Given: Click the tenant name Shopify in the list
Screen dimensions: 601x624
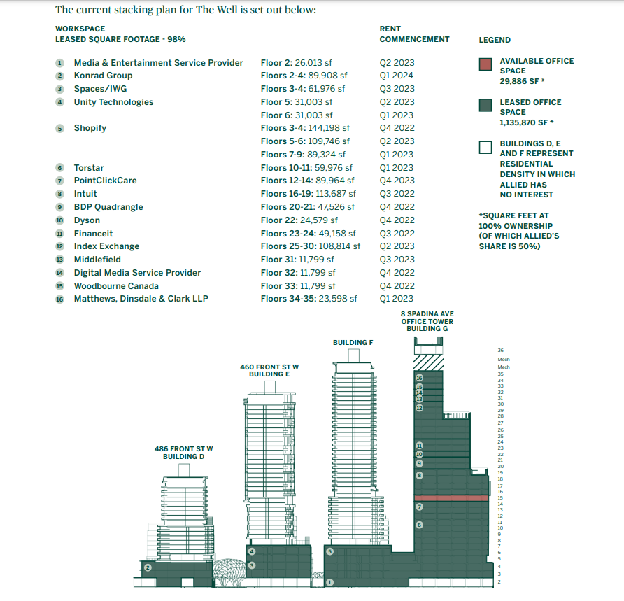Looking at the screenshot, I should click(90, 128).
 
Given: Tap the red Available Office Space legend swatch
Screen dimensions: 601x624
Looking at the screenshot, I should click(485, 64).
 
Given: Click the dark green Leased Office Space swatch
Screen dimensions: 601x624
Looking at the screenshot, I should click(485, 106).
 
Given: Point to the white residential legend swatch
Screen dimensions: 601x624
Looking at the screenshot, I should click(485, 147).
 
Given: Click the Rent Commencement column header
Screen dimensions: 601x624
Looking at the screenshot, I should click(414, 34).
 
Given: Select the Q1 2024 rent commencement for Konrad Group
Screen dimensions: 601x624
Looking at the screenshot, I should click(396, 76).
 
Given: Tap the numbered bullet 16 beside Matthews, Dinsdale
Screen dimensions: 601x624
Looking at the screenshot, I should click(59, 299).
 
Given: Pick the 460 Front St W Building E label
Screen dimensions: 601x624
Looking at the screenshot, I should click(269, 370).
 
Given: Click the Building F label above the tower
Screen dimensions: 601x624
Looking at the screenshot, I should click(353, 343).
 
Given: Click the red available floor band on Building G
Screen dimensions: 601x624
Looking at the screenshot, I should click(448, 497).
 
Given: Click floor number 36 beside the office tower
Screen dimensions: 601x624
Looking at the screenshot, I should click(500, 350).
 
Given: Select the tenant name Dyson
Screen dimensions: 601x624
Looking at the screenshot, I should click(87, 220).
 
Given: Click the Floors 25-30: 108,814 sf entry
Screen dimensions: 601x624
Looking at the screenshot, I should click(311, 246).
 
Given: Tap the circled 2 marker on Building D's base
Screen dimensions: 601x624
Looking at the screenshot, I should click(148, 567).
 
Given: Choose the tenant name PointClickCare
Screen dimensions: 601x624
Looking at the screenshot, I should click(106, 181).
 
